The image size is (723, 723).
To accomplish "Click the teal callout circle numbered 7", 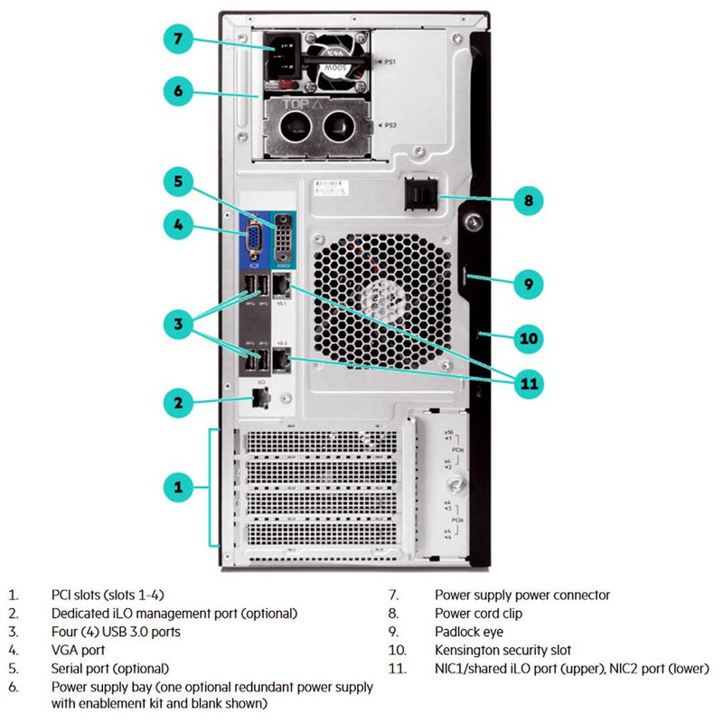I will tap(178, 39).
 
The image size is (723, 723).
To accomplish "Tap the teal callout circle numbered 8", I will tap(529, 200).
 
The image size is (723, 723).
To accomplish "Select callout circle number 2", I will tap(178, 403).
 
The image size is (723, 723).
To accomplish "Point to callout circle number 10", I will tap(529, 339).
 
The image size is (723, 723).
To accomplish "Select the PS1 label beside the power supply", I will tap(391, 63).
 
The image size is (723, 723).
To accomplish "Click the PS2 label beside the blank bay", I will tap(391, 125).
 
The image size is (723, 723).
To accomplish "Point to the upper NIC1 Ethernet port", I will tap(282, 287).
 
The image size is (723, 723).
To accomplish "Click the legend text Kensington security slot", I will tap(502, 650).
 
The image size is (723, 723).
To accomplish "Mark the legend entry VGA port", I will tap(79, 650).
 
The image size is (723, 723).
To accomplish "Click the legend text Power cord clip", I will tap(478, 614).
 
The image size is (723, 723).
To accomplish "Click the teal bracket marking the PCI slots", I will tap(210, 487).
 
